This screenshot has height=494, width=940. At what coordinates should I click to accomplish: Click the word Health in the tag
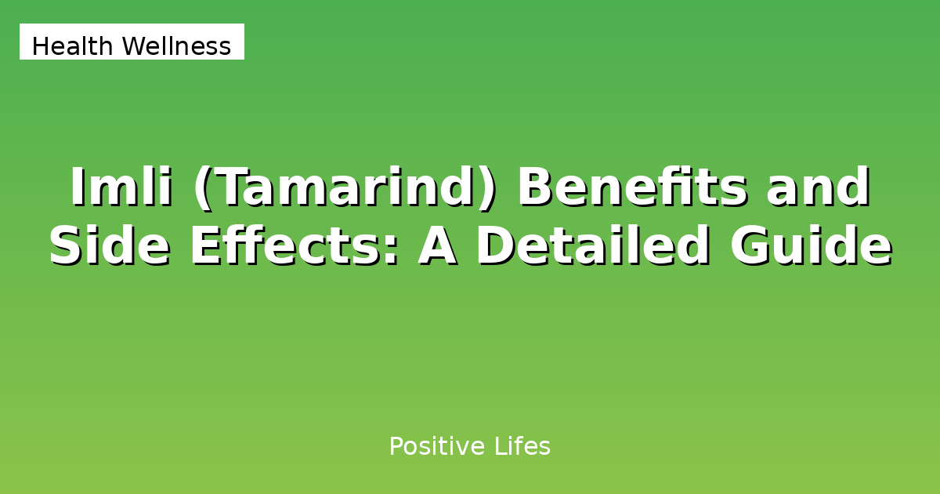74,47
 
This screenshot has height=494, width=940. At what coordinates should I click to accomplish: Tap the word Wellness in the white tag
176,47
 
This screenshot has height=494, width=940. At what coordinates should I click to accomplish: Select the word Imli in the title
121,188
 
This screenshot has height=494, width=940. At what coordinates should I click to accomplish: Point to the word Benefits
631,188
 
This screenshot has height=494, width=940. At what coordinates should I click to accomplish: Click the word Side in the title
111,246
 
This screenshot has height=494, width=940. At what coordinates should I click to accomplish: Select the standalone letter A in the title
439,246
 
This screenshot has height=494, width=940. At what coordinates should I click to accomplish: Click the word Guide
811,246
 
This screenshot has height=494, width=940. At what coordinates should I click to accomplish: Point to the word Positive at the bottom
437,447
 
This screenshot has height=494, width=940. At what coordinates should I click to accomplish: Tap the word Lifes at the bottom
522,447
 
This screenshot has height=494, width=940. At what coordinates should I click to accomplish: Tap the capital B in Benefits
534,188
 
